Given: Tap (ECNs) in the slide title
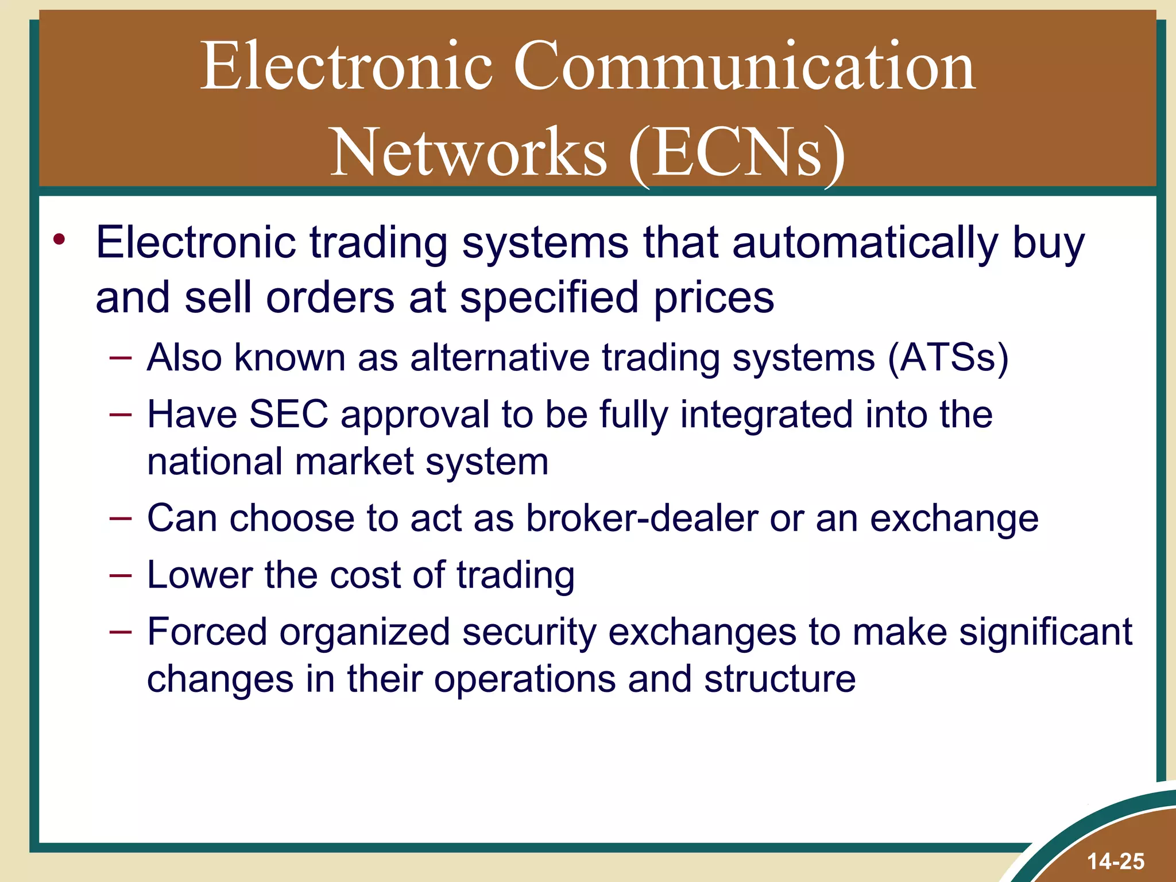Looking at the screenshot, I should (736, 153).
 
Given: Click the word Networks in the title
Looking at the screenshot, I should (468, 153).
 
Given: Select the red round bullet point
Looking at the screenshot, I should (59, 239).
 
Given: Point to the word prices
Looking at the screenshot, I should (714, 297).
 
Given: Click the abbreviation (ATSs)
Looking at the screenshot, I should (947, 358).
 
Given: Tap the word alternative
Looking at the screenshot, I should (500, 358).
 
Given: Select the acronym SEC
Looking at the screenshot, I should (289, 414).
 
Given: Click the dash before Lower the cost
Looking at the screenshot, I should (121, 575).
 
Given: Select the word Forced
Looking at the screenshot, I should (207, 632).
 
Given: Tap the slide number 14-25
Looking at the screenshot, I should (1115, 861).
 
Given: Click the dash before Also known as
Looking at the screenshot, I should (121, 358).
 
